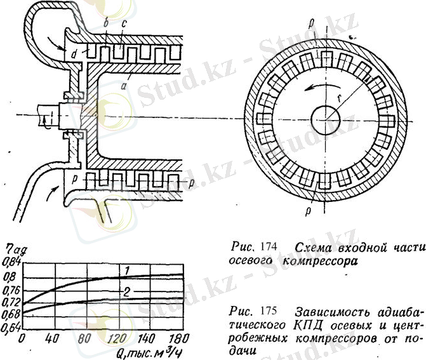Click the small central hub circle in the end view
click(x=326, y=119)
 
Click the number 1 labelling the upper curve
click(x=127, y=271)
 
